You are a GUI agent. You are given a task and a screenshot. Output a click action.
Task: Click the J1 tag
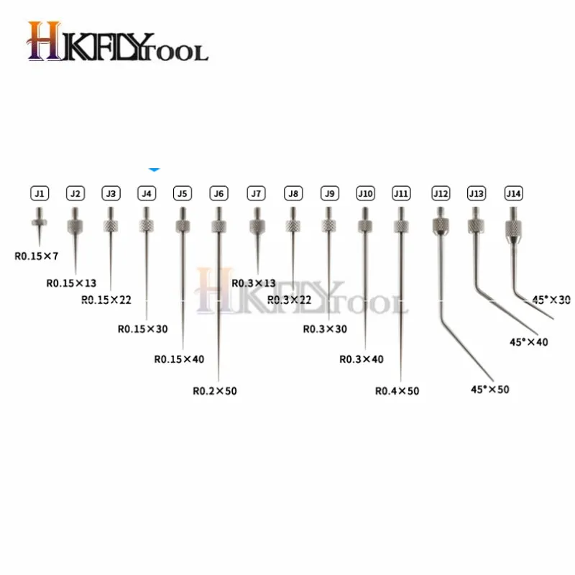coord(40,193)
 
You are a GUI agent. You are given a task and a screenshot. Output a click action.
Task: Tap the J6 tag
coord(218,193)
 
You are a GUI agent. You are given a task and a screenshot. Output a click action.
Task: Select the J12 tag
coord(440,193)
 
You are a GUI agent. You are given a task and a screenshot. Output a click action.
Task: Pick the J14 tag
coord(513,193)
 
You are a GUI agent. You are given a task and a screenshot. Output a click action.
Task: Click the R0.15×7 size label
coord(37,254)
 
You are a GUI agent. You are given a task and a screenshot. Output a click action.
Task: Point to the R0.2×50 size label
coord(214,391)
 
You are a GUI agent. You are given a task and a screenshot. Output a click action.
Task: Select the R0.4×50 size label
coord(397,391)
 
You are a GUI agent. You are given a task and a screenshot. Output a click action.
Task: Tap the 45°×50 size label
coord(489,389)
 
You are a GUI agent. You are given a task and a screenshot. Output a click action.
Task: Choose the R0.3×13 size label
coord(253,282)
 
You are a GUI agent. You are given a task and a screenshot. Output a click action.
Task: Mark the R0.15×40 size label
coord(178,359)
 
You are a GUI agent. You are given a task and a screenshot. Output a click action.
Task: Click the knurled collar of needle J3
coord(110,226)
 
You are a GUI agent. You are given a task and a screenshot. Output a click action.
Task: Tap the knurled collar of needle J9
coord(328,226)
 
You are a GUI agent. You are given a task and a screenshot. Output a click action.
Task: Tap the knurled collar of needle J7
coord(257,226)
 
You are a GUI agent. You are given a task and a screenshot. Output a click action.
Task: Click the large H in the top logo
coord(45,42)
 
